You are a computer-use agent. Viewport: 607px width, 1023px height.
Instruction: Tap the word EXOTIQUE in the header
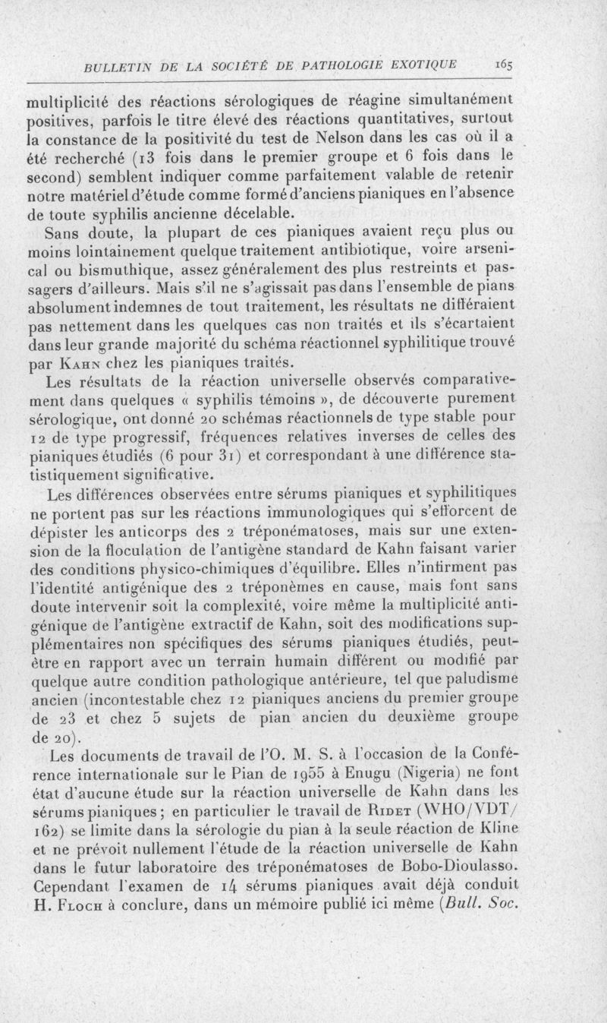point(425,65)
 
